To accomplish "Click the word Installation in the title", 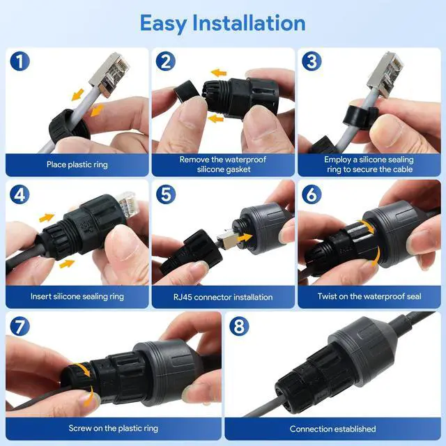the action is pos(249,23).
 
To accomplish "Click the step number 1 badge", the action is pos(20,61).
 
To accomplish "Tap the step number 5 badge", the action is pos(166,194).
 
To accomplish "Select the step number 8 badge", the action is pos(239,326).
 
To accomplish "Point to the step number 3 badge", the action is pos(312,61).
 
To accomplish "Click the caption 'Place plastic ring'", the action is pos(77,164).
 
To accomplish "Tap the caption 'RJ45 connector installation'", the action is pos(223,297).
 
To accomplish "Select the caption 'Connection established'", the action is pos(333,429).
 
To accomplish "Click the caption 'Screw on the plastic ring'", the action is pos(113,428).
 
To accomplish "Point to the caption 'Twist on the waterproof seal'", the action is pos(369,296).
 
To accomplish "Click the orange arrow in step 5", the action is pos(245,238).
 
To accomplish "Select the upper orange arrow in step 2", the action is pos(219,72).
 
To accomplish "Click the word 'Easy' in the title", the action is pos(163,23).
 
